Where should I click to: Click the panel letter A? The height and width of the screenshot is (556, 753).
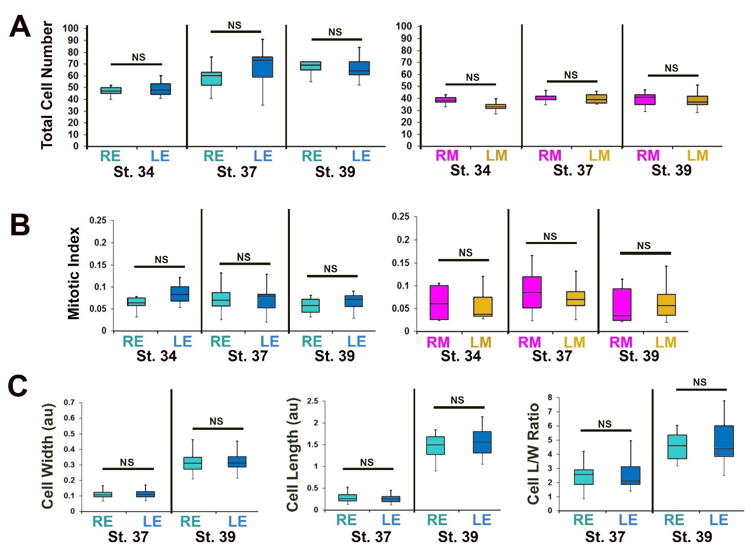coord(20,26)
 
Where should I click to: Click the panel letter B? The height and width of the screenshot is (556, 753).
coord(20,224)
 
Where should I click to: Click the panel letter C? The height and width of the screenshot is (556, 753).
coord(18,386)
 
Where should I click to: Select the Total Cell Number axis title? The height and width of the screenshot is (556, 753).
coord(47,85)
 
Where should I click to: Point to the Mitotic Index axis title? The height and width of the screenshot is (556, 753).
coord(74,273)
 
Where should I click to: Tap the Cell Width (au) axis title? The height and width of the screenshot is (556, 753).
coord(48,456)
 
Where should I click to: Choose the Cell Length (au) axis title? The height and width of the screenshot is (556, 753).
coord(293,455)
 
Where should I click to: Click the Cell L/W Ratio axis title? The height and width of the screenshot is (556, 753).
coord(534,454)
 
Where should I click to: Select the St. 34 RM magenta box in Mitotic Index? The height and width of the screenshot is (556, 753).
coord(439,303)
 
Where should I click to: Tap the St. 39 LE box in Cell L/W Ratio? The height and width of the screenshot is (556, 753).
coord(724,441)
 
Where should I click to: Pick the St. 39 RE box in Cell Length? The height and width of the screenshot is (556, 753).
coord(436,446)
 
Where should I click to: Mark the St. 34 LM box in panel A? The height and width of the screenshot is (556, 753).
coord(496,107)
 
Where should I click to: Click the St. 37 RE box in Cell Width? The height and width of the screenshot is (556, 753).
coord(102,495)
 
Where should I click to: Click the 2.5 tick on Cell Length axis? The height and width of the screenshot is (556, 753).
coord(312,401)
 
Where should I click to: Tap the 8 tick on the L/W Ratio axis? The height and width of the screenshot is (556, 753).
coord(550,397)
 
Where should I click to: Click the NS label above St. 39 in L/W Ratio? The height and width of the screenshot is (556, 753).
coord(699,382)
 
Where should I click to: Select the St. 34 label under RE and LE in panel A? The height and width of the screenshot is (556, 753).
coord(134,172)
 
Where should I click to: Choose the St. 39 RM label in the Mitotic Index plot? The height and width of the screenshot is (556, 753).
coord(621,342)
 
